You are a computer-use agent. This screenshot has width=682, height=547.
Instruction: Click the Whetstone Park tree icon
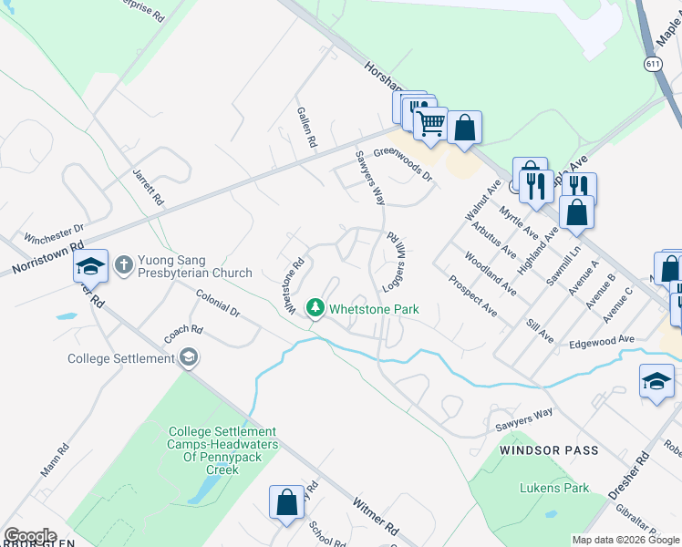pos(315,308)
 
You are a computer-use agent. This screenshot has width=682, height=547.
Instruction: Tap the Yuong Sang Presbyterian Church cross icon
pos(124,265)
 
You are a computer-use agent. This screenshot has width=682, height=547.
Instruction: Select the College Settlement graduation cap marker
pos(189,357)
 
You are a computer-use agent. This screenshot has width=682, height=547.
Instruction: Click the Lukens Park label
pos(554,488)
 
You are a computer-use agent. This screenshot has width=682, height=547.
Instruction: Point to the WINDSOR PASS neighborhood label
pos(550,450)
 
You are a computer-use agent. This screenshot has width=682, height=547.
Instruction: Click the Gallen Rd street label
pos(306,127)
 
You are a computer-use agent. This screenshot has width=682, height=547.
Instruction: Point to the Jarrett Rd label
pos(147,186)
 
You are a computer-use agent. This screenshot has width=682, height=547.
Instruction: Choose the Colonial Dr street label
pos(218,304)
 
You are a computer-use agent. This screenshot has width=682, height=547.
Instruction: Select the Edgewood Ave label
pos(601,339)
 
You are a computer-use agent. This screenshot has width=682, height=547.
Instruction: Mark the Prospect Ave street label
pos(472,295)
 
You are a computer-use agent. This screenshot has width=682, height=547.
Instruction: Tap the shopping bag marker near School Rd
pos(285,503)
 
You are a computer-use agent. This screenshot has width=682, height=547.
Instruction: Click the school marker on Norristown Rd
pos(90,266)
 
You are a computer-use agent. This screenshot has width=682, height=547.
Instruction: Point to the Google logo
pos(30,535)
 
